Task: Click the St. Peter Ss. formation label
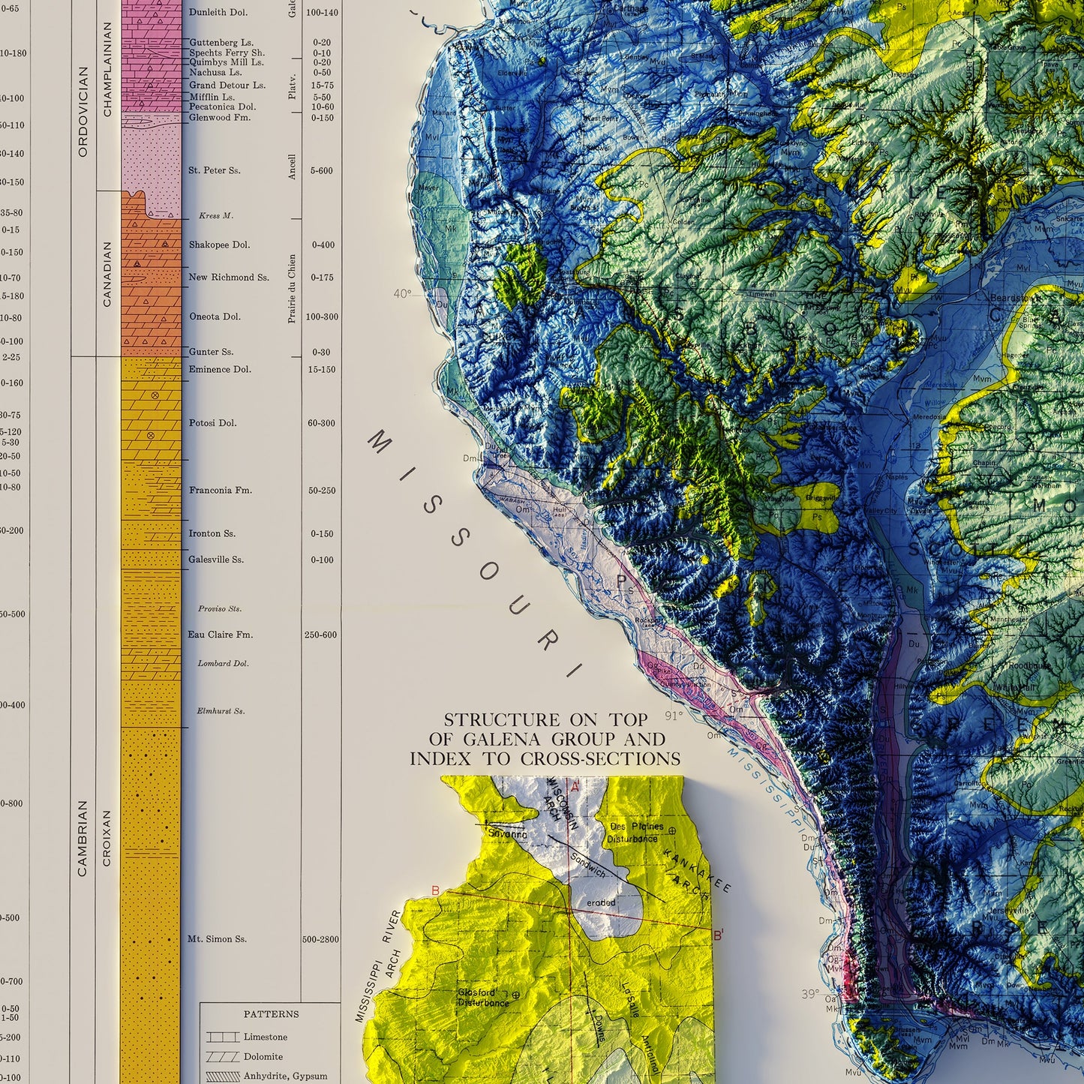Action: tap(214, 170)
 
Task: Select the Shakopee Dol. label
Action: tap(219, 245)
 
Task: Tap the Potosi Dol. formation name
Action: tap(212, 423)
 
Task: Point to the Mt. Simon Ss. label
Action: tap(217, 939)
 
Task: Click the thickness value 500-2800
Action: tap(321, 939)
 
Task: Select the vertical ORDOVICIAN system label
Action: tap(83, 112)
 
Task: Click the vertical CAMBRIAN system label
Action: tap(83, 838)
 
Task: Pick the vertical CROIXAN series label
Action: tap(107, 838)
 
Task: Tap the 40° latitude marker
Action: tap(402, 294)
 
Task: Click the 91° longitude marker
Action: tap(674, 716)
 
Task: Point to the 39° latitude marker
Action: tap(809, 994)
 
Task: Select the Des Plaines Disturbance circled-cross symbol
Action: tap(671, 830)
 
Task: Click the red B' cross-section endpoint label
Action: tap(718, 935)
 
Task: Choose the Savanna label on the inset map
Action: tap(507, 833)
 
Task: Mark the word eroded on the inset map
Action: tap(601, 902)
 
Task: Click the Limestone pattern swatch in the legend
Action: tap(222, 1037)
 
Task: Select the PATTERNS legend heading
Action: tap(271, 1014)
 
